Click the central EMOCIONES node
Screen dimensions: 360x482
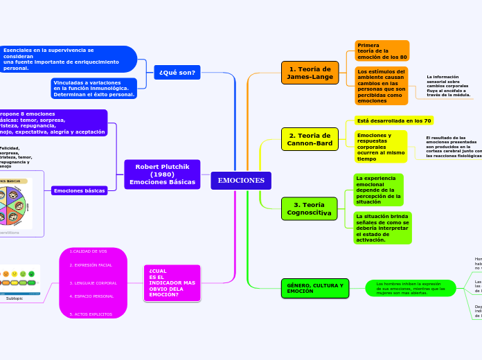(241, 181)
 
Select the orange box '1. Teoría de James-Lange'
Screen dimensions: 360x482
(310, 73)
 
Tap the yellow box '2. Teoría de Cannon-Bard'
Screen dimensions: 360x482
(310, 139)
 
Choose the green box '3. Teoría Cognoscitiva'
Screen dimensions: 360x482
(309, 208)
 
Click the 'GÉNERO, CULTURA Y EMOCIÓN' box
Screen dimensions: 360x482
(315, 289)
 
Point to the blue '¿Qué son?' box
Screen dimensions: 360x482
(177, 73)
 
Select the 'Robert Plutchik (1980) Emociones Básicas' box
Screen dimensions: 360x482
(162, 174)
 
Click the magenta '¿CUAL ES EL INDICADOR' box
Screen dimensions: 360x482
(172, 283)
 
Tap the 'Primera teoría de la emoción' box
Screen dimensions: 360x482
(382, 51)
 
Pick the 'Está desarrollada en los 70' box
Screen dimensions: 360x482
(394, 120)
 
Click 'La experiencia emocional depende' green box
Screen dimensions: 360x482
(378, 190)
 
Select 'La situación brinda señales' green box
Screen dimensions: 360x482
(382, 228)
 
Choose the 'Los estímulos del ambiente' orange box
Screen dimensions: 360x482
(382, 86)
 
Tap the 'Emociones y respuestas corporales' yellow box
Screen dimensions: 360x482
(381, 146)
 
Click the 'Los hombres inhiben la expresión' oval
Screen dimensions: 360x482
(410, 288)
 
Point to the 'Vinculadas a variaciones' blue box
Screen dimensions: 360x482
(94, 89)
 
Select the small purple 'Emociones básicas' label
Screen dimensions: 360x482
(80, 190)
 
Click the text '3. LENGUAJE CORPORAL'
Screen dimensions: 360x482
(93, 283)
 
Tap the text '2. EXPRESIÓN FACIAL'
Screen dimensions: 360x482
(91, 265)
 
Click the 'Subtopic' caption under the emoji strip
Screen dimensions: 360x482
(15, 298)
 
